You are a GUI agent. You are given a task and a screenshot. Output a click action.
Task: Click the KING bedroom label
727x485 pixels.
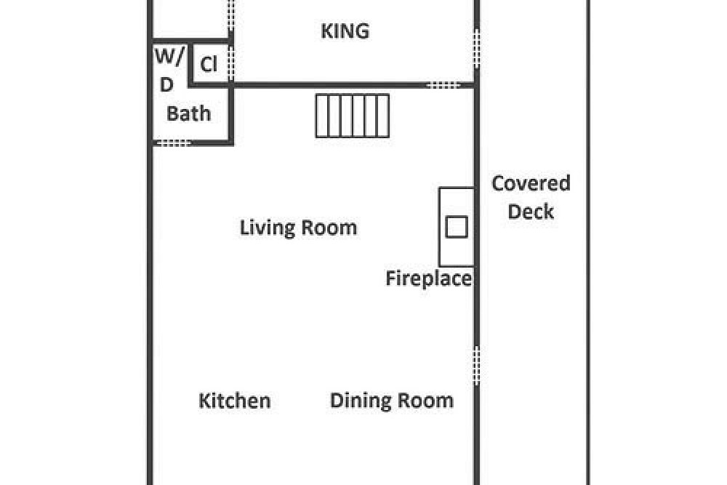[x=345, y=31]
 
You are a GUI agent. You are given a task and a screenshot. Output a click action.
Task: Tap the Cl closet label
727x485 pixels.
[x=209, y=64]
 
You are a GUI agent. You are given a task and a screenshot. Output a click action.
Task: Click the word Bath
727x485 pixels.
[x=189, y=113]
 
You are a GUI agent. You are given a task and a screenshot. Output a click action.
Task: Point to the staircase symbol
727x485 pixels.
[x=353, y=116]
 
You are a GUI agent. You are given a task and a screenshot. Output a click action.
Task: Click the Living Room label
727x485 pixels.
[x=298, y=228]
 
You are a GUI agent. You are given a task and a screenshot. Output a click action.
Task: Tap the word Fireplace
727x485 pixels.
[x=428, y=278]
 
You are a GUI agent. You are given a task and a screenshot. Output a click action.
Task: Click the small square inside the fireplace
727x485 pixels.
[x=457, y=227]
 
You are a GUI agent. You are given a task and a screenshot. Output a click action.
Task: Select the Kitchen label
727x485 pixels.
[x=235, y=401]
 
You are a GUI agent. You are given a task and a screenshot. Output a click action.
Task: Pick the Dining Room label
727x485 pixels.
[x=392, y=401]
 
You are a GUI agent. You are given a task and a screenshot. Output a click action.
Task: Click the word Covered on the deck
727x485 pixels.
[x=531, y=183]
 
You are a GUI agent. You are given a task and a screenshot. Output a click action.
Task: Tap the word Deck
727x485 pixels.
[x=531, y=212]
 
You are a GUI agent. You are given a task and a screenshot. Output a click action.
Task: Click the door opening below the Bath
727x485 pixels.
[x=172, y=143]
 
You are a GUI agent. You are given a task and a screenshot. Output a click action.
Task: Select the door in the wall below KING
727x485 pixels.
[x=443, y=85]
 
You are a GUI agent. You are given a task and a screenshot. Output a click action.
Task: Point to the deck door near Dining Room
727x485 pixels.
[x=476, y=365]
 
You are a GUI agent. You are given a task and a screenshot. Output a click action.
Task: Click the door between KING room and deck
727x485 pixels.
[x=476, y=49]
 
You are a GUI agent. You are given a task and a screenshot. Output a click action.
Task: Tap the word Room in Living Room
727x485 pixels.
[x=329, y=228]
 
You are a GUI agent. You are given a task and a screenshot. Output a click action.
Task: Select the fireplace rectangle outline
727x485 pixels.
[x=440, y=227]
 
